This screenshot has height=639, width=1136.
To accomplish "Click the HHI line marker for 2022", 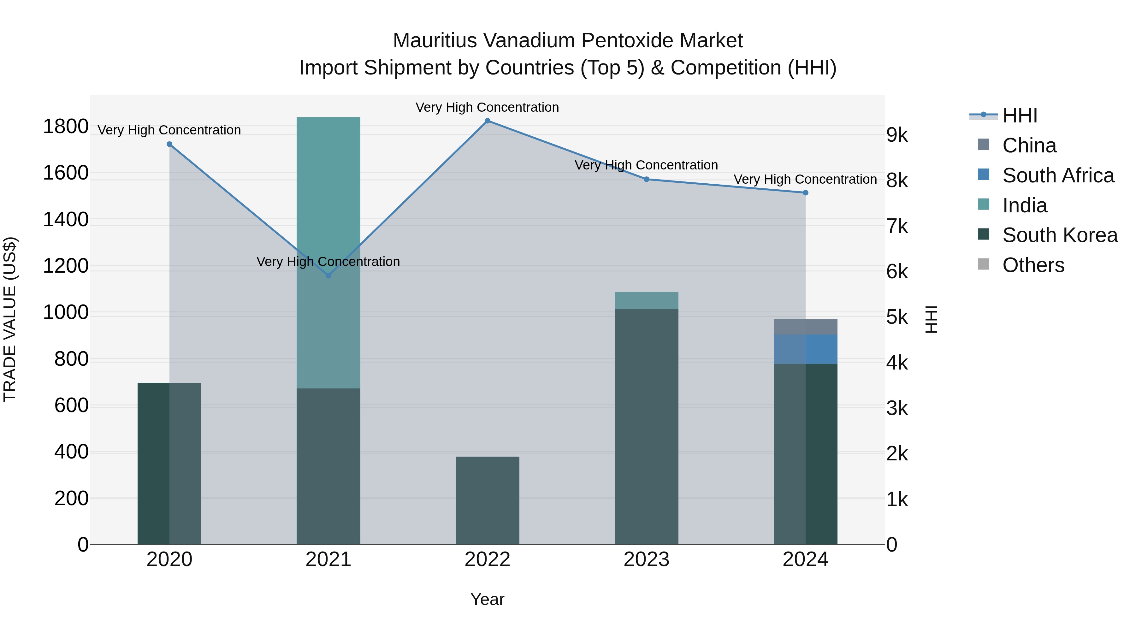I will pyautogui.click(x=487, y=121).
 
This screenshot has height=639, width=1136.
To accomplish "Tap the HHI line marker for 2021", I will pyautogui.click(x=328, y=275).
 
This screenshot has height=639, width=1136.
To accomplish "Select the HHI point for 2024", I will pyautogui.click(x=805, y=193).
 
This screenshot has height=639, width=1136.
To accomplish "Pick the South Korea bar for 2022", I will pyautogui.click(x=487, y=500).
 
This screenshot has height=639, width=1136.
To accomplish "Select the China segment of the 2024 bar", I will pyautogui.click(x=805, y=327).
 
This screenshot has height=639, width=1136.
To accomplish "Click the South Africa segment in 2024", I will pyautogui.click(x=805, y=349).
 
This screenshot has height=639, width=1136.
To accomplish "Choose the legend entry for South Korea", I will pyautogui.click(x=1059, y=235).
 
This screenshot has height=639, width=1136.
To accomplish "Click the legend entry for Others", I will pyautogui.click(x=1033, y=265).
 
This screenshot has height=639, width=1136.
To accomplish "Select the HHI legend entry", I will pyautogui.click(x=1019, y=115).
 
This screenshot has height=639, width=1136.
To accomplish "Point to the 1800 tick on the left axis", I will pyautogui.click(x=65, y=127).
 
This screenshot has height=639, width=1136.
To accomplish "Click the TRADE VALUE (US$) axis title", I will pyautogui.click(x=10, y=319).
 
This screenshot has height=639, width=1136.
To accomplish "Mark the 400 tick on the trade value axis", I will pyautogui.click(x=71, y=452).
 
